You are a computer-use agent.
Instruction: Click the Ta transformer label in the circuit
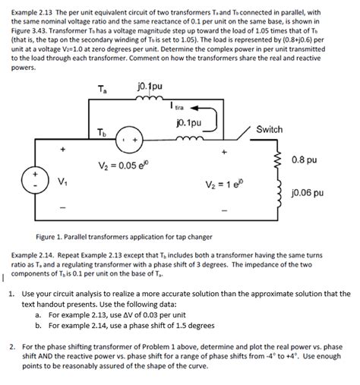coord(104,90)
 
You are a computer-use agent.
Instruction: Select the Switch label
coord(270,130)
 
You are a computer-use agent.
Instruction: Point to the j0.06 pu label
coord(308,193)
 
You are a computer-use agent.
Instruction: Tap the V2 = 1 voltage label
coord(224,185)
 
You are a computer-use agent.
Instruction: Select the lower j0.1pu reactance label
coord(188,121)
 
